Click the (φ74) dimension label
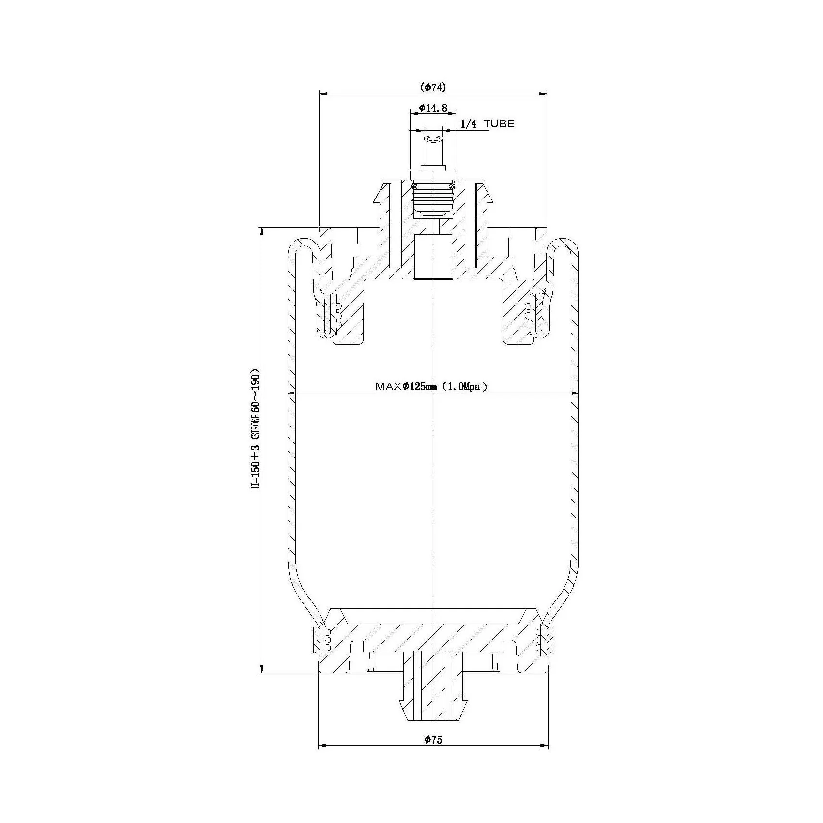[x=433, y=87]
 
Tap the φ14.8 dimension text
[x=433, y=107]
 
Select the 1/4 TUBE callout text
[x=487, y=124]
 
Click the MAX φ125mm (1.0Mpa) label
[x=431, y=386]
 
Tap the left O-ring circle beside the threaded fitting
[x=414, y=187]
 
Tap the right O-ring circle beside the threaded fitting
[x=452, y=187]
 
